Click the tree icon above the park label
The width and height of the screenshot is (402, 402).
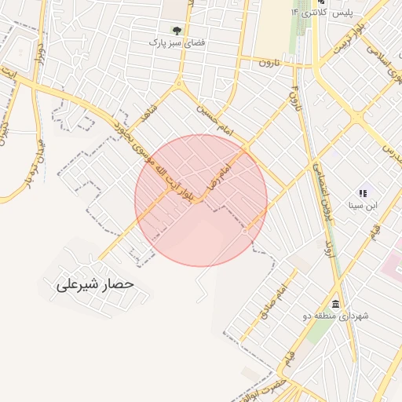pyautogui.click(x=175, y=31)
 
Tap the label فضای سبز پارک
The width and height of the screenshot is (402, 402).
pyautogui.click(x=177, y=42)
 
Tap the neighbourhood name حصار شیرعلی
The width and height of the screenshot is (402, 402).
pyautogui.click(x=96, y=283)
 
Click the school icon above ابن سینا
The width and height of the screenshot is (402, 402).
pyautogui.click(x=363, y=193)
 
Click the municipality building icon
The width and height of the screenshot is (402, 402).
pyautogui.click(x=336, y=304)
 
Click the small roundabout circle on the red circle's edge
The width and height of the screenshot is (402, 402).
pyautogui.click(x=246, y=231)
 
